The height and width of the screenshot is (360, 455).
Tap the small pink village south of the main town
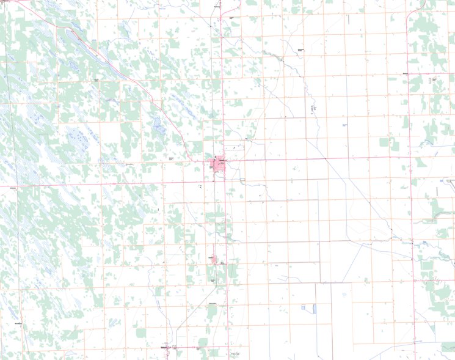pos(214,260)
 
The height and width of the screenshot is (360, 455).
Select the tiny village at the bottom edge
pos(165,348)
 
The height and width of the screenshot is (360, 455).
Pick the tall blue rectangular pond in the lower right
pos(315,309)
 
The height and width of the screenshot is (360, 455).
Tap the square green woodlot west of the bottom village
pos(141,333)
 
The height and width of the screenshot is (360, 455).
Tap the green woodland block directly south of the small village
pos(212,312)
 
